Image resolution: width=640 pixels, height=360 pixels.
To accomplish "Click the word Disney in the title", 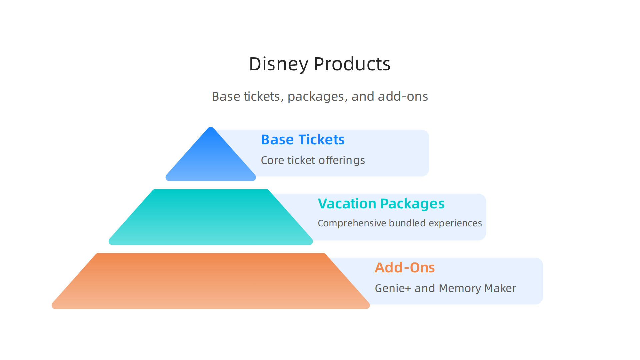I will [x=278, y=64].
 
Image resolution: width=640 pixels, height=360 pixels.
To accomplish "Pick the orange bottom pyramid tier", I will [x=211, y=281].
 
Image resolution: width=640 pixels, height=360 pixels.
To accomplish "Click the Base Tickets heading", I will [x=302, y=140].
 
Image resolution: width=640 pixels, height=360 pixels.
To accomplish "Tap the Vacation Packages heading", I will [x=381, y=204].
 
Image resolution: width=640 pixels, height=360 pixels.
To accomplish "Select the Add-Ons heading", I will [x=404, y=268].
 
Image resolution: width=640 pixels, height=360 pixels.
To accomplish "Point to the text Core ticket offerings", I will [x=313, y=160].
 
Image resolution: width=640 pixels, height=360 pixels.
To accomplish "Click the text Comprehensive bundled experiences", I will [x=399, y=223].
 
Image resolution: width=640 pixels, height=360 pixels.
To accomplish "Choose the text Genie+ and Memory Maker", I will [x=445, y=288].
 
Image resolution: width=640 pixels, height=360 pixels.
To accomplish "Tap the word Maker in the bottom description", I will [x=500, y=288].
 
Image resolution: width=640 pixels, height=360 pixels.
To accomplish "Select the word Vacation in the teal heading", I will [x=347, y=204].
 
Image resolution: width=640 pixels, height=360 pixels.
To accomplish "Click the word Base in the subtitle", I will [x=226, y=97].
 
